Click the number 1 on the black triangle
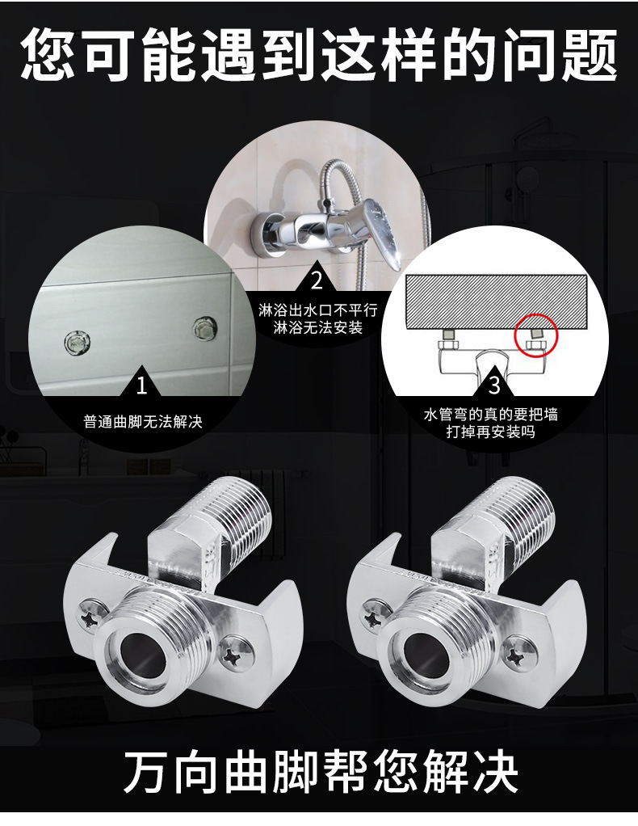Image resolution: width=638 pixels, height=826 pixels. click(141, 386)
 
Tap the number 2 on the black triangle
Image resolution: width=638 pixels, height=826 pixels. click(317, 280)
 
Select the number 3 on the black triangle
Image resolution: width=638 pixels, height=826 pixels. click(493, 385)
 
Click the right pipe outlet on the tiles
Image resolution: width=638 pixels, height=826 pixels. click(205, 328)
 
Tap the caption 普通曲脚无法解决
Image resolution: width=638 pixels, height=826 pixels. click(143, 421)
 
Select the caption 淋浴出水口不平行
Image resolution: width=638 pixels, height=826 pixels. click(317, 310)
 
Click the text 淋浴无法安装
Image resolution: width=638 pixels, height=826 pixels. click(318, 327)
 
